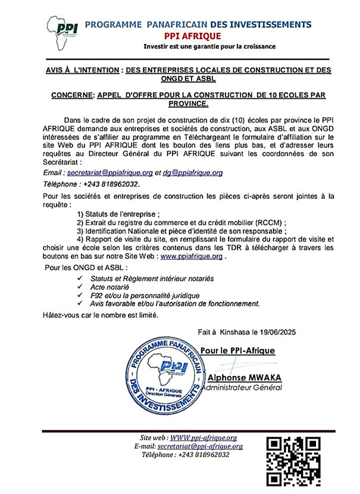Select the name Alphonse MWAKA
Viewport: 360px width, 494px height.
242,378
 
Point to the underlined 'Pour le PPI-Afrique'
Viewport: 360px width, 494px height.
237,351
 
